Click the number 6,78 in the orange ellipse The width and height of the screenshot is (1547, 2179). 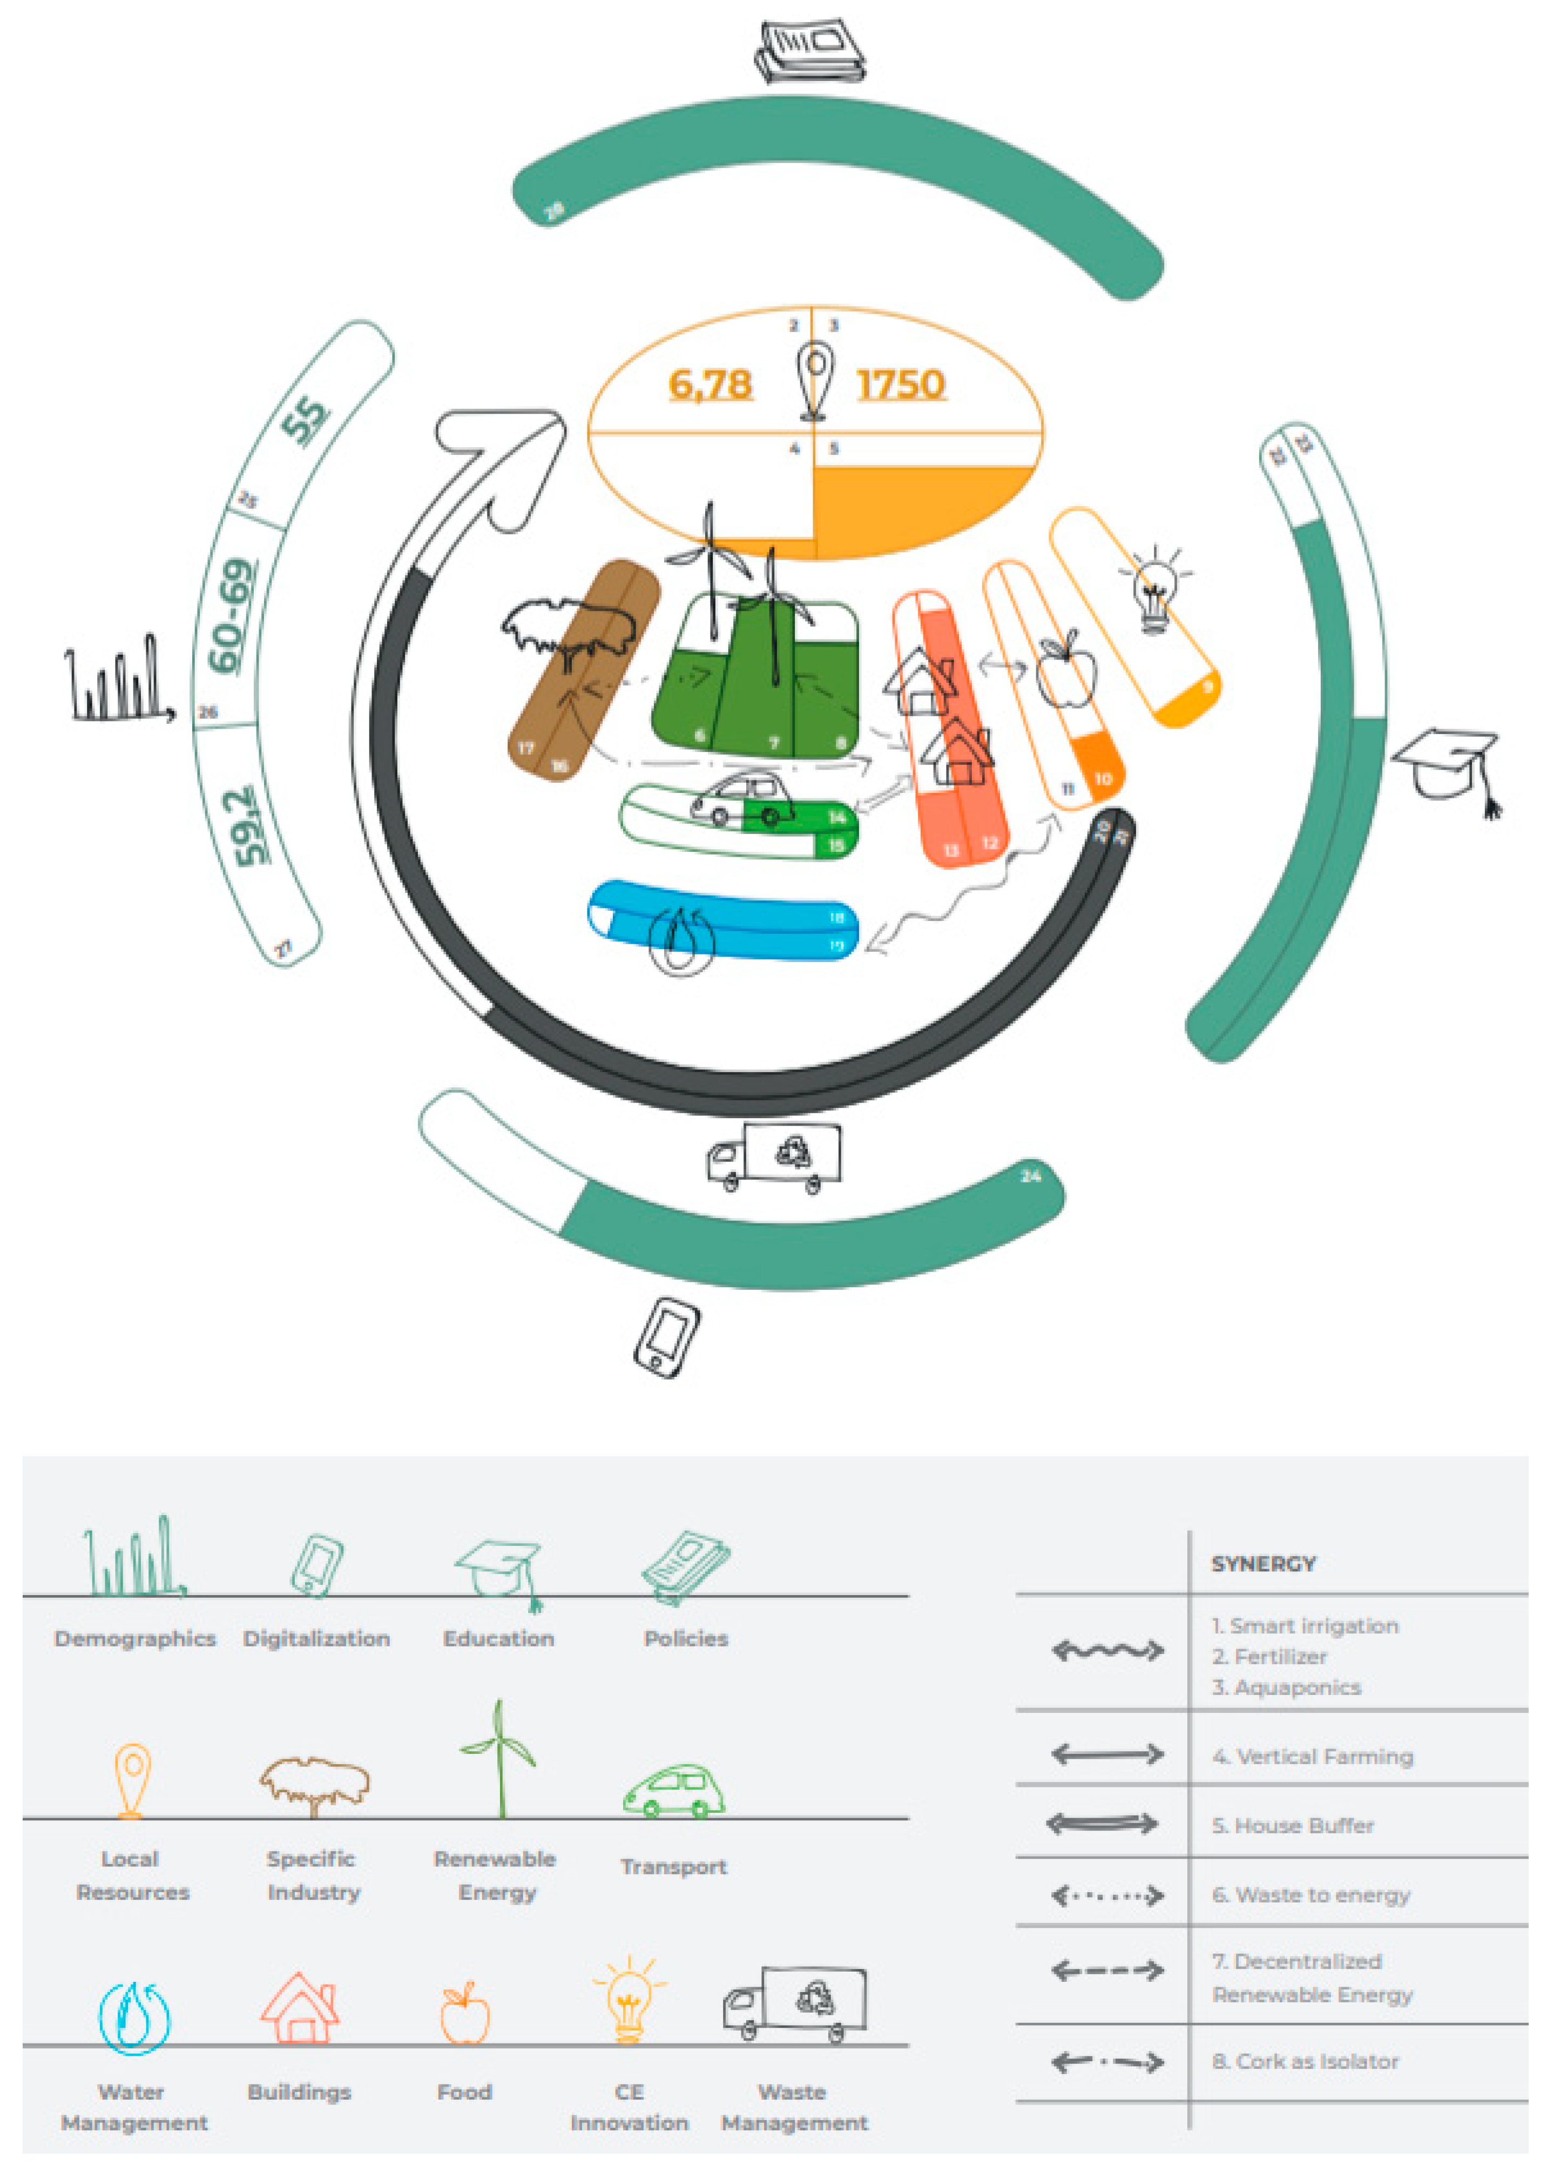coord(710,385)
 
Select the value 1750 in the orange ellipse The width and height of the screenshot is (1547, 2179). coord(900,385)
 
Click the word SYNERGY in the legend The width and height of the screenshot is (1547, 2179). coord(1263,1564)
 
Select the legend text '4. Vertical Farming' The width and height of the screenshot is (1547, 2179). coord(1312,1756)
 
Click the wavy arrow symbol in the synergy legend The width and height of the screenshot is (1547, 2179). coord(1107,1650)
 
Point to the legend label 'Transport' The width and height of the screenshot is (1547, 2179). coord(673,1866)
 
